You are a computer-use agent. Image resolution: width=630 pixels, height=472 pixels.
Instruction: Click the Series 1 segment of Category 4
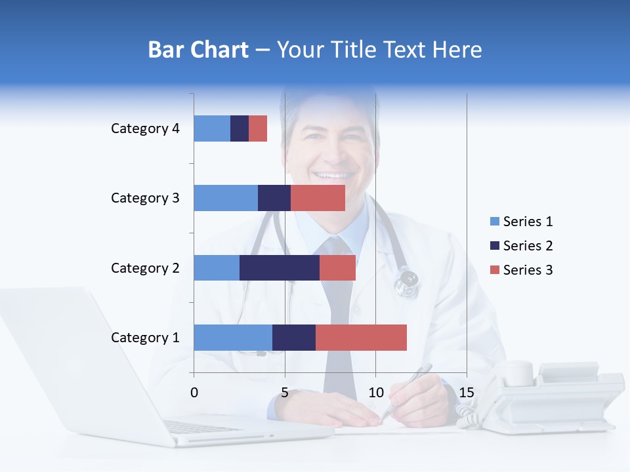point(212,128)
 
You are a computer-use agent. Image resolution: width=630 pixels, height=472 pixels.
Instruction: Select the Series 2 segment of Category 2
point(280,267)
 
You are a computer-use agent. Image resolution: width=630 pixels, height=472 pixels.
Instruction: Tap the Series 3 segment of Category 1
point(361,338)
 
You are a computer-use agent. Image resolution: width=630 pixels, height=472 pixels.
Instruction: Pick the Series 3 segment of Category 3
point(318,198)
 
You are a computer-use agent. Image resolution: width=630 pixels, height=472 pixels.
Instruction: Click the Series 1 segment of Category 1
point(233,338)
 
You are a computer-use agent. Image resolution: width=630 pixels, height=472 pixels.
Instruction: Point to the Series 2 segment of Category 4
point(240,128)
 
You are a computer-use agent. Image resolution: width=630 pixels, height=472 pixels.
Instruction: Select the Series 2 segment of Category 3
point(274,198)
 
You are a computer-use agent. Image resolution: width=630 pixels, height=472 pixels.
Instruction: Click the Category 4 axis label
point(145,128)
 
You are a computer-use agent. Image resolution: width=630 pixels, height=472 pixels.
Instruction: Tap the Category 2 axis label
point(145,268)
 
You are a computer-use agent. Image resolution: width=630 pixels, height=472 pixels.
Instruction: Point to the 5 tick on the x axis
point(285,393)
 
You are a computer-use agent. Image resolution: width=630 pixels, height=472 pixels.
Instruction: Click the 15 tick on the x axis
point(467,393)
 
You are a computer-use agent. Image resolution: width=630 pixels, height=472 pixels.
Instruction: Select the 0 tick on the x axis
point(194,393)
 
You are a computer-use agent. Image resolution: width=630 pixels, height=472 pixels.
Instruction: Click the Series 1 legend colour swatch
point(494,222)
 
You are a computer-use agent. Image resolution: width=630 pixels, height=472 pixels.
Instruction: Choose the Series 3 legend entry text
point(528,270)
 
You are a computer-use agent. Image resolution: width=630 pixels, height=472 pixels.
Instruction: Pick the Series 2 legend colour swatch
point(494,246)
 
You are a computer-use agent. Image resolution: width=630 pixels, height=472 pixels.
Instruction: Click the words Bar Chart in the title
point(198,50)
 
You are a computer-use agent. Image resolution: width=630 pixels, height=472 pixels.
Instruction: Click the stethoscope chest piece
point(407,283)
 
